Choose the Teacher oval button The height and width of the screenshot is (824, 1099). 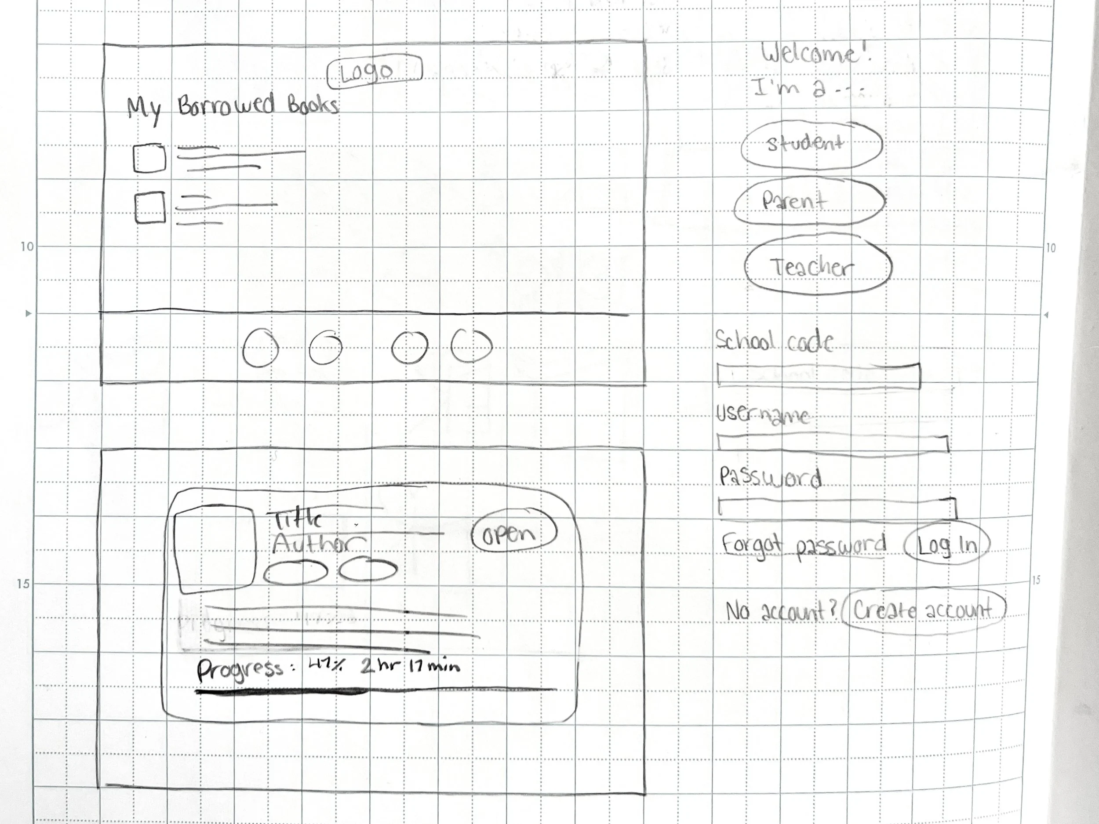point(817,267)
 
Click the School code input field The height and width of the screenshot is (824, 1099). point(818,376)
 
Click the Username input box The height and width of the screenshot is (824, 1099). point(832,443)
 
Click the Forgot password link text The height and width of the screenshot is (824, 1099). point(804,546)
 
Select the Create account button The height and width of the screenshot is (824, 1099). point(924,610)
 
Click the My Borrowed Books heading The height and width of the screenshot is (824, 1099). point(233,107)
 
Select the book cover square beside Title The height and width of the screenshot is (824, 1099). point(215,548)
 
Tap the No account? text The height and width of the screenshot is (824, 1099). point(782,610)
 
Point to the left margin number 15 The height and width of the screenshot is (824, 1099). point(23,584)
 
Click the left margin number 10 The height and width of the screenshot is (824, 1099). point(27,247)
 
